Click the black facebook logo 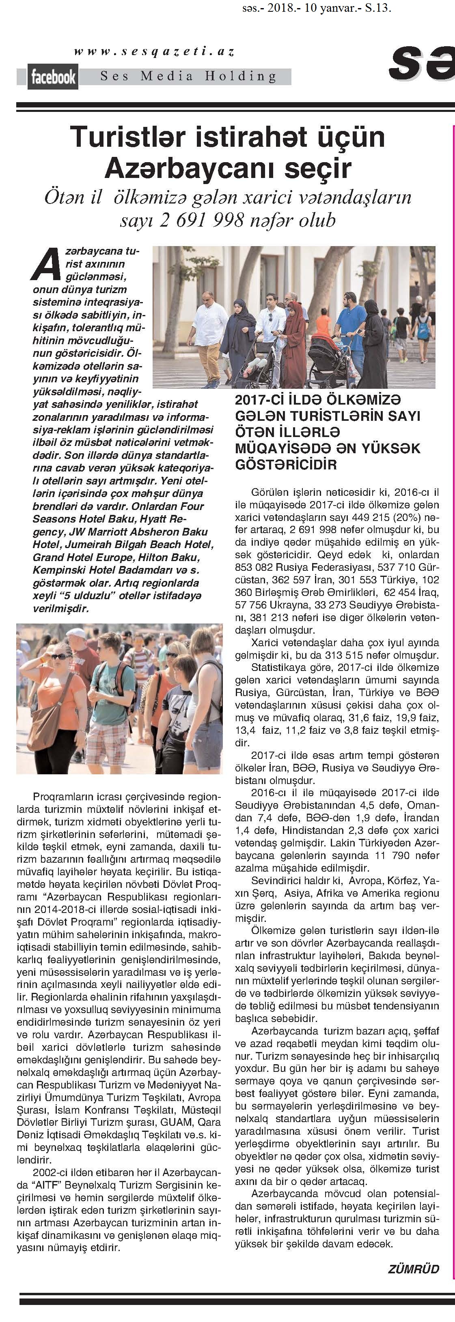pyautogui.click(x=53, y=77)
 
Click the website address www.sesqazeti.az pyautogui.click(x=154, y=51)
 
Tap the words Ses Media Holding pyautogui.click(x=188, y=77)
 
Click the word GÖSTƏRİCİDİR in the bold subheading pyautogui.click(x=286, y=465)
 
